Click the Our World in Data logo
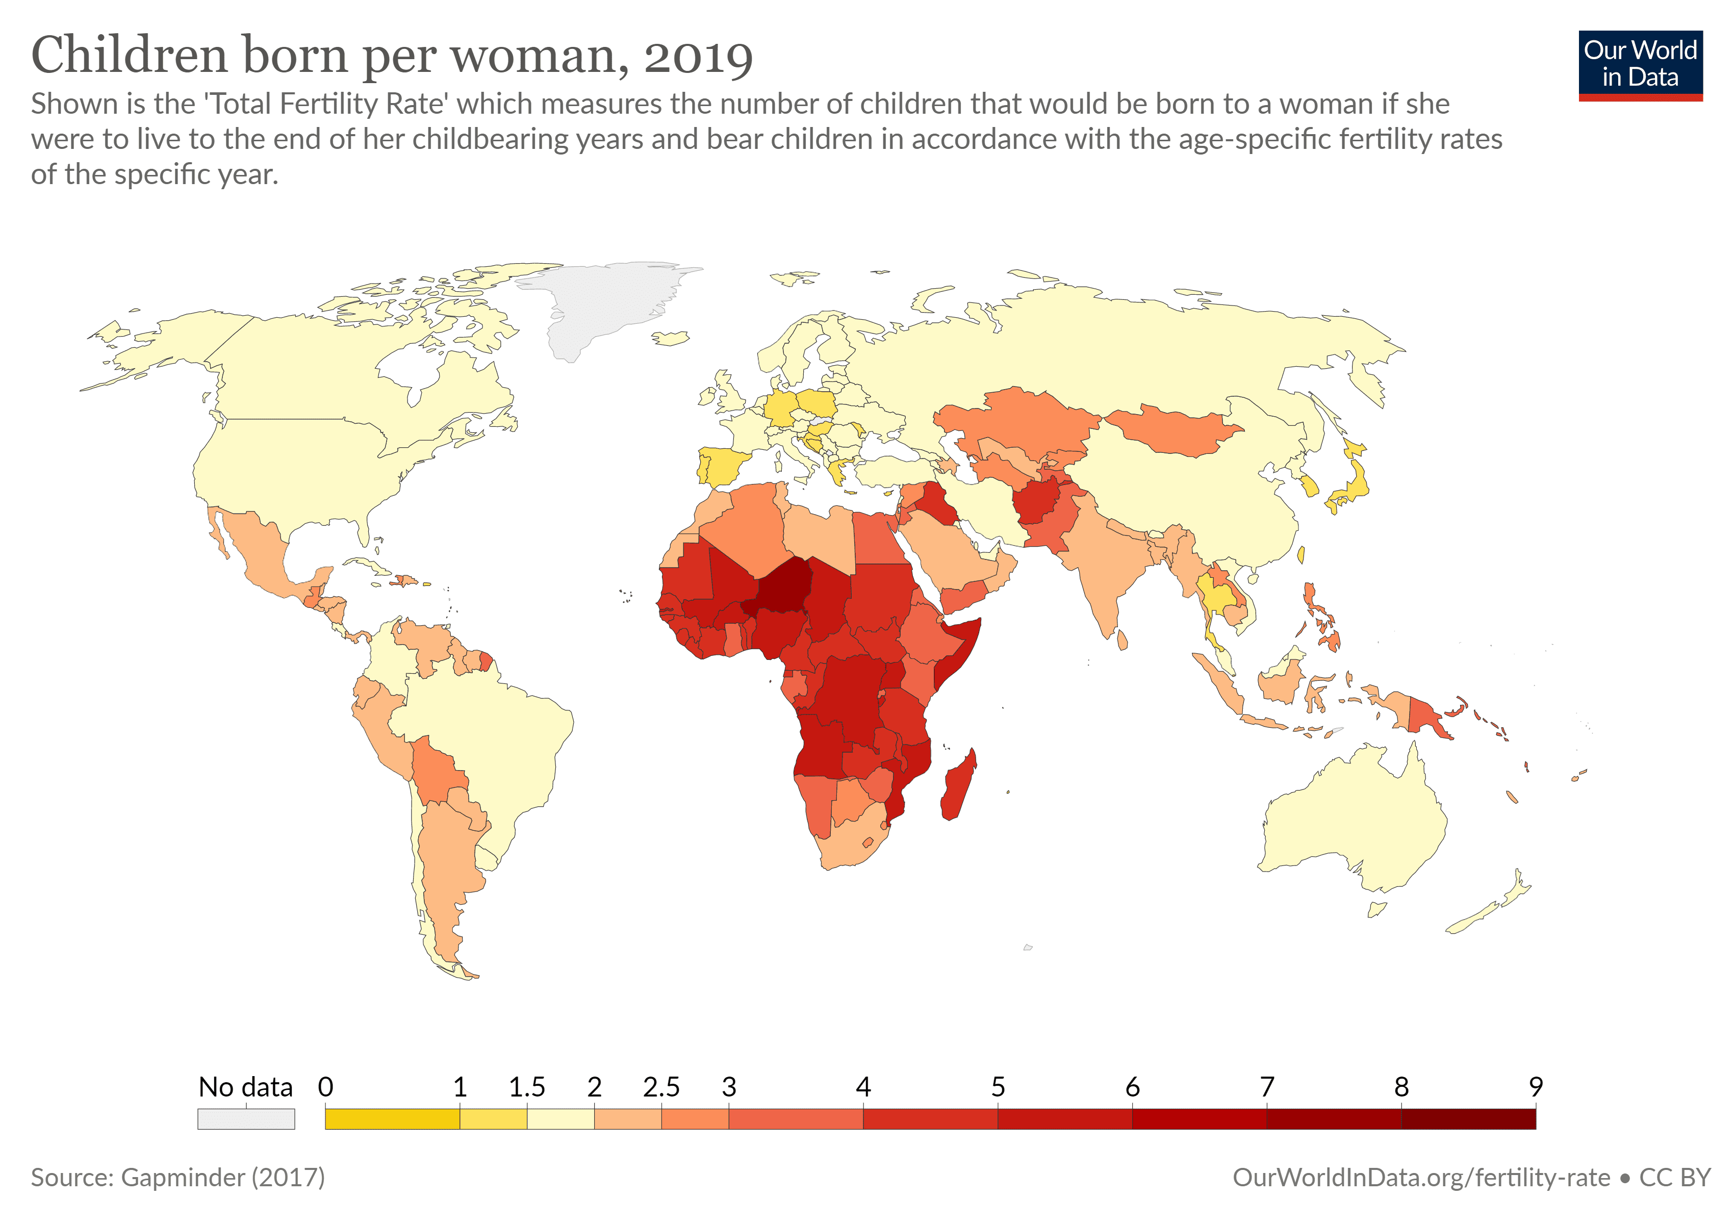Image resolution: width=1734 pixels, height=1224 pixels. point(1640,65)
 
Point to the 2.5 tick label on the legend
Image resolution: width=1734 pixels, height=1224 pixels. point(661,1087)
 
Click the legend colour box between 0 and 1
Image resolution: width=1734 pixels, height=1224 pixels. point(392,1118)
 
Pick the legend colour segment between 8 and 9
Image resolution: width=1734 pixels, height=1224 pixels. point(1468,1118)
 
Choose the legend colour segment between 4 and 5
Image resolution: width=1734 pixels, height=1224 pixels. point(930,1118)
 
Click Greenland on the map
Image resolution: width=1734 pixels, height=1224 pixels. point(604,302)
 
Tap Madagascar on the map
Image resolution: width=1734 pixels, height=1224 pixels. point(958,785)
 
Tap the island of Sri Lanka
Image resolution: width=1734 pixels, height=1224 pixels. point(1123,641)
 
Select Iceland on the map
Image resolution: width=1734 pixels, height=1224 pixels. point(671,338)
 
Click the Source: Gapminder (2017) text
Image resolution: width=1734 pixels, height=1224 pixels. point(177,1177)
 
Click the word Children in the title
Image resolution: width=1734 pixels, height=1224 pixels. point(129,57)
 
